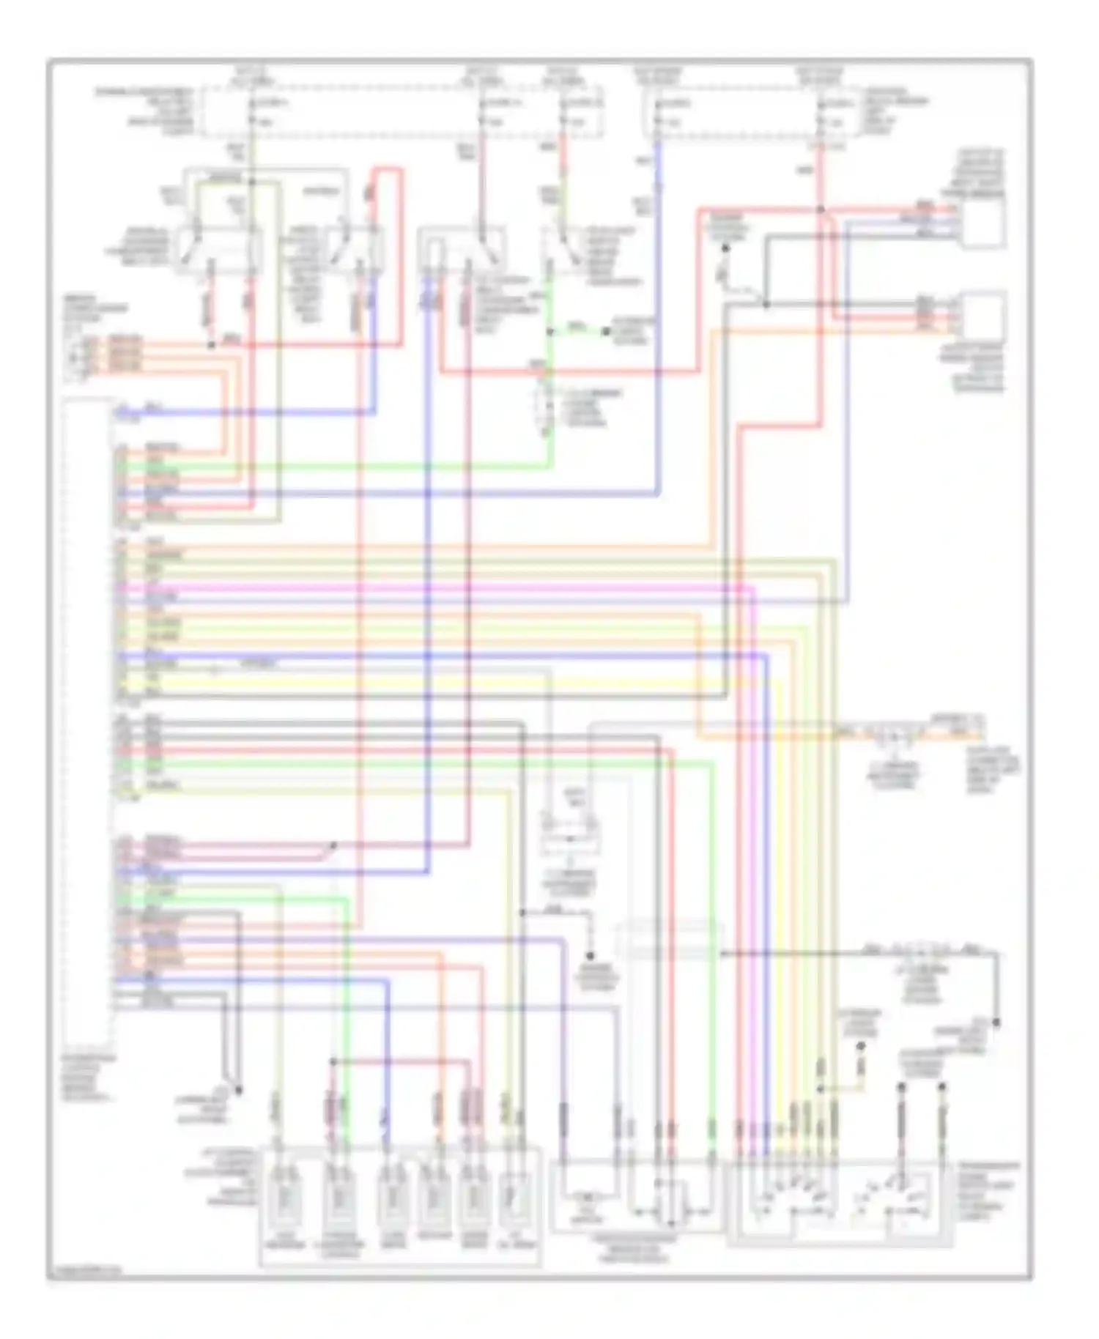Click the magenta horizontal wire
(440, 587)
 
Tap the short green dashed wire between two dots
(578, 331)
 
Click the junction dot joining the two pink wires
(333, 845)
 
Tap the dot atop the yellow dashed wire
(862, 1045)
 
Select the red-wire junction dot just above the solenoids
(333, 1061)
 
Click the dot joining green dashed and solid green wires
(549, 332)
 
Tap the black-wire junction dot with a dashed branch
(522, 913)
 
